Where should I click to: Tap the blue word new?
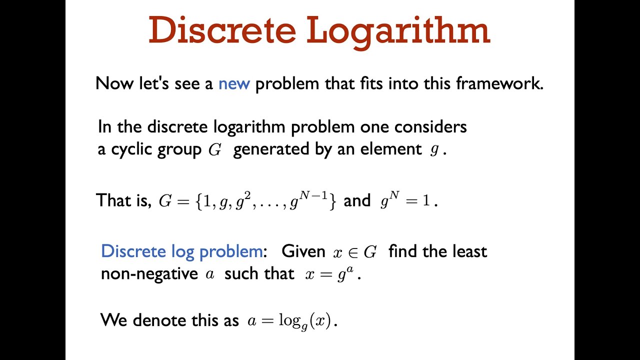coord(234,83)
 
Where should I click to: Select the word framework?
coord(499,83)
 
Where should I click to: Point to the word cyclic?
coord(130,150)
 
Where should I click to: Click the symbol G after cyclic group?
coord(214,150)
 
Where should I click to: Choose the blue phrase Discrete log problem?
coord(181,251)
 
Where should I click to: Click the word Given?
coord(303,251)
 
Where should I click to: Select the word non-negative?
coord(149,274)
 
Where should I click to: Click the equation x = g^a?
coord(330,274)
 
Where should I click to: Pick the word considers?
coord(430,127)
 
